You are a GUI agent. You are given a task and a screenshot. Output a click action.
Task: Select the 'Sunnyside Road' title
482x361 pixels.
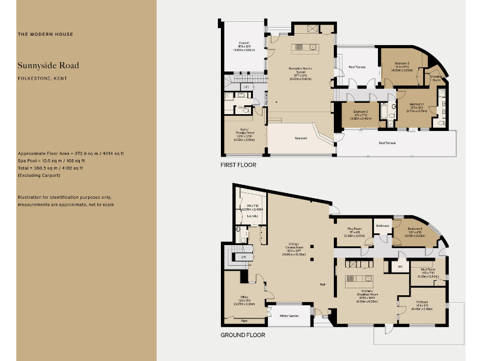click(48, 65)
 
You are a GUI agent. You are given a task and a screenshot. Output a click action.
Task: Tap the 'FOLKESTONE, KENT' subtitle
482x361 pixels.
click(43, 78)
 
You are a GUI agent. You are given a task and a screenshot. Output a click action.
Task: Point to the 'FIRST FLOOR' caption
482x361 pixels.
click(238, 165)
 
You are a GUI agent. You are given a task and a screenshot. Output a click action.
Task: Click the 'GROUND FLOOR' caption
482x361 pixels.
click(242, 335)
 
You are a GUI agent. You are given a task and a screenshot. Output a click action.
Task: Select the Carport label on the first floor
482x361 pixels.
click(244, 43)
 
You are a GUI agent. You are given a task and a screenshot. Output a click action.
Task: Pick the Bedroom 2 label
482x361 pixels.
click(402, 63)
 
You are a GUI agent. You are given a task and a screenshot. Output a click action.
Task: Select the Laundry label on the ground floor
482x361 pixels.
click(252, 215)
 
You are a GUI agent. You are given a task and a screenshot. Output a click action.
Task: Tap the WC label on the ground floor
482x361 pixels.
click(400, 266)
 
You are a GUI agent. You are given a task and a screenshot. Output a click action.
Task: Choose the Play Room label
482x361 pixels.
click(355, 229)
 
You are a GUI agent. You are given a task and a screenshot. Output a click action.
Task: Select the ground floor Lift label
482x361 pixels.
click(242, 257)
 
